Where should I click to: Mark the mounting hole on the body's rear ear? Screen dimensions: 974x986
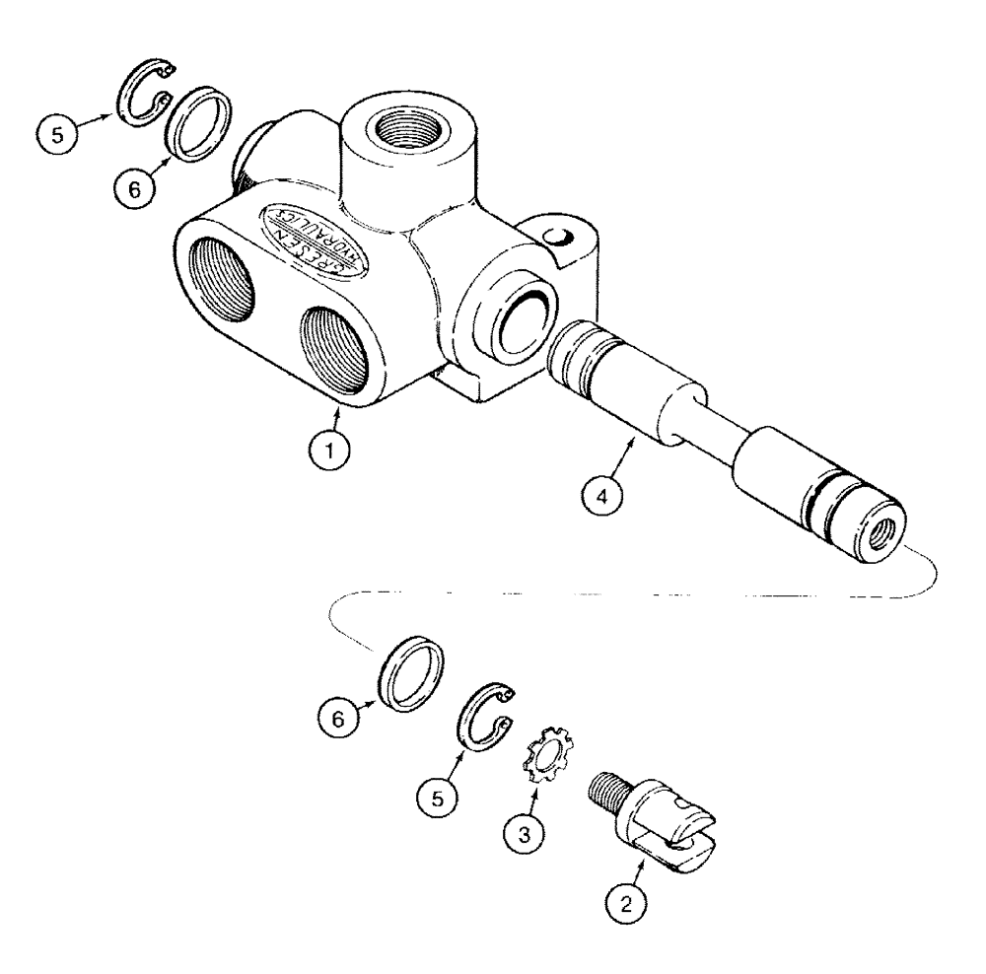click(559, 236)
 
